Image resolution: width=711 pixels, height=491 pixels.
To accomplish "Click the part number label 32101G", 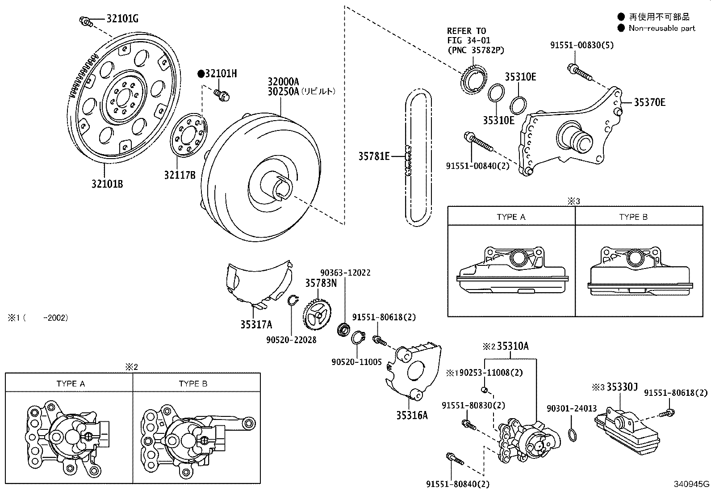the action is pyautogui.click(x=122, y=19).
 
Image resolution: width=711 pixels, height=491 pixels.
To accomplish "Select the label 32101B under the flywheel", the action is pyautogui.click(x=107, y=184).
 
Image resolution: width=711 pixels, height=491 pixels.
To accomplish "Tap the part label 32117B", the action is pyautogui.click(x=180, y=175).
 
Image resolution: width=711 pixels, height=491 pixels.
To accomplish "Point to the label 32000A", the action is pyautogui.click(x=283, y=81).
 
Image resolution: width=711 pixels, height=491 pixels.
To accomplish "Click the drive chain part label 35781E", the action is pyautogui.click(x=374, y=156).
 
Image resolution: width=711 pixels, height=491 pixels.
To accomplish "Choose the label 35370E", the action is pyautogui.click(x=650, y=102).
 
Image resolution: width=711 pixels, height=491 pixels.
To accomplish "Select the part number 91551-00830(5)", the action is pyautogui.click(x=582, y=45).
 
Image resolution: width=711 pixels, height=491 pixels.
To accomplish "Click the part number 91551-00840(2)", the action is pyautogui.click(x=478, y=166).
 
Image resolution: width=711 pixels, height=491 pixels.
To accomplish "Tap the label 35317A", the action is pyautogui.click(x=256, y=325).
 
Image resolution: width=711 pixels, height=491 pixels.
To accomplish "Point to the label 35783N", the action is pyautogui.click(x=321, y=283).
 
